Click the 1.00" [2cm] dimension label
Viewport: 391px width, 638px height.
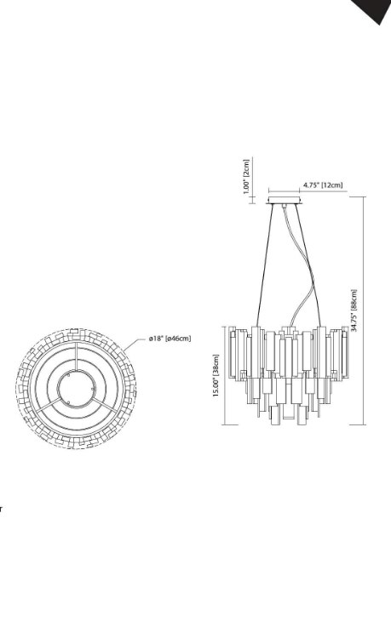[x=246, y=176]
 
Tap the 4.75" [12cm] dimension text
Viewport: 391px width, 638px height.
[x=323, y=185]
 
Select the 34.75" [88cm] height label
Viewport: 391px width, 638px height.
[x=354, y=310]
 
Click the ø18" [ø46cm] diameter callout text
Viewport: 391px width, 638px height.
[x=170, y=338]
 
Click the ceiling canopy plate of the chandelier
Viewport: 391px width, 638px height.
[x=285, y=200]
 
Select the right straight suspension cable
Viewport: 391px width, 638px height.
[x=308, y=265]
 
